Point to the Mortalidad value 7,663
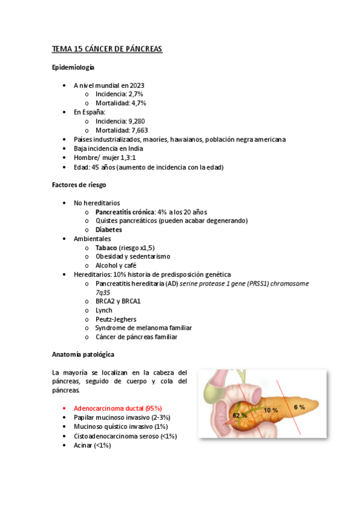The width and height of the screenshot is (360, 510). (138, 130)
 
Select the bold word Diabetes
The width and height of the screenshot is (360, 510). (109, 229)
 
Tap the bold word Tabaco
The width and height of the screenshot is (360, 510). (106, 248)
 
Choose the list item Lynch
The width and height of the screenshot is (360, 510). (103, 310)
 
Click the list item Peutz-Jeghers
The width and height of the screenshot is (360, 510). (115, 319)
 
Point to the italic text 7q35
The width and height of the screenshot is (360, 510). (103, 292)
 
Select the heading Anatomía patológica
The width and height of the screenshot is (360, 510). (83, 355)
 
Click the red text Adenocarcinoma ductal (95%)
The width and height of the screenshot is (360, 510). (118, 408)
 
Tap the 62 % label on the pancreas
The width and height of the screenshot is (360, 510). (240, 416)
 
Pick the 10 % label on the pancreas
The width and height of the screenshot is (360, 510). (270, 410)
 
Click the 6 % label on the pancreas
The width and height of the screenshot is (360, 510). (299, 407)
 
